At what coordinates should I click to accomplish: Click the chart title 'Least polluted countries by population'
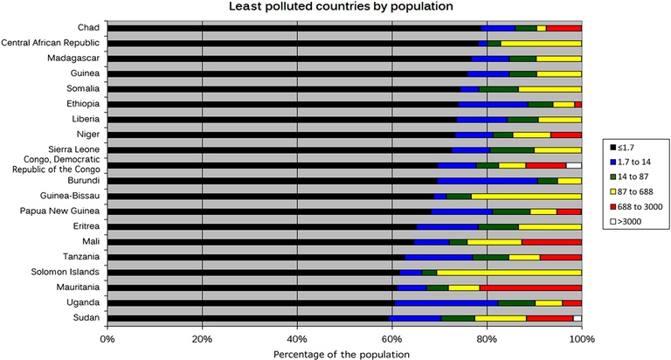[x=341, y=7]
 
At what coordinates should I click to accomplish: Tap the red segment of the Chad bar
[x=564, y=28]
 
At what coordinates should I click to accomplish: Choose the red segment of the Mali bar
[x=551, y=241]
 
